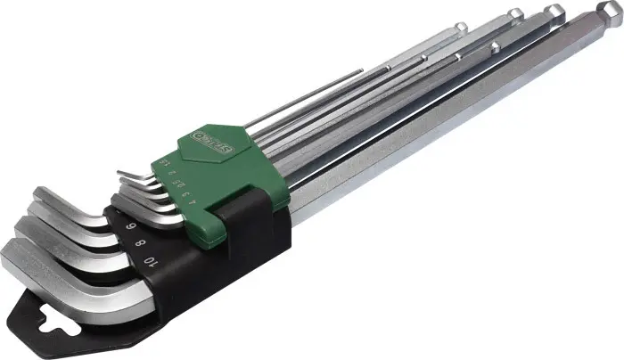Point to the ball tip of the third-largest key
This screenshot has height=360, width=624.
(515, 15)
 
